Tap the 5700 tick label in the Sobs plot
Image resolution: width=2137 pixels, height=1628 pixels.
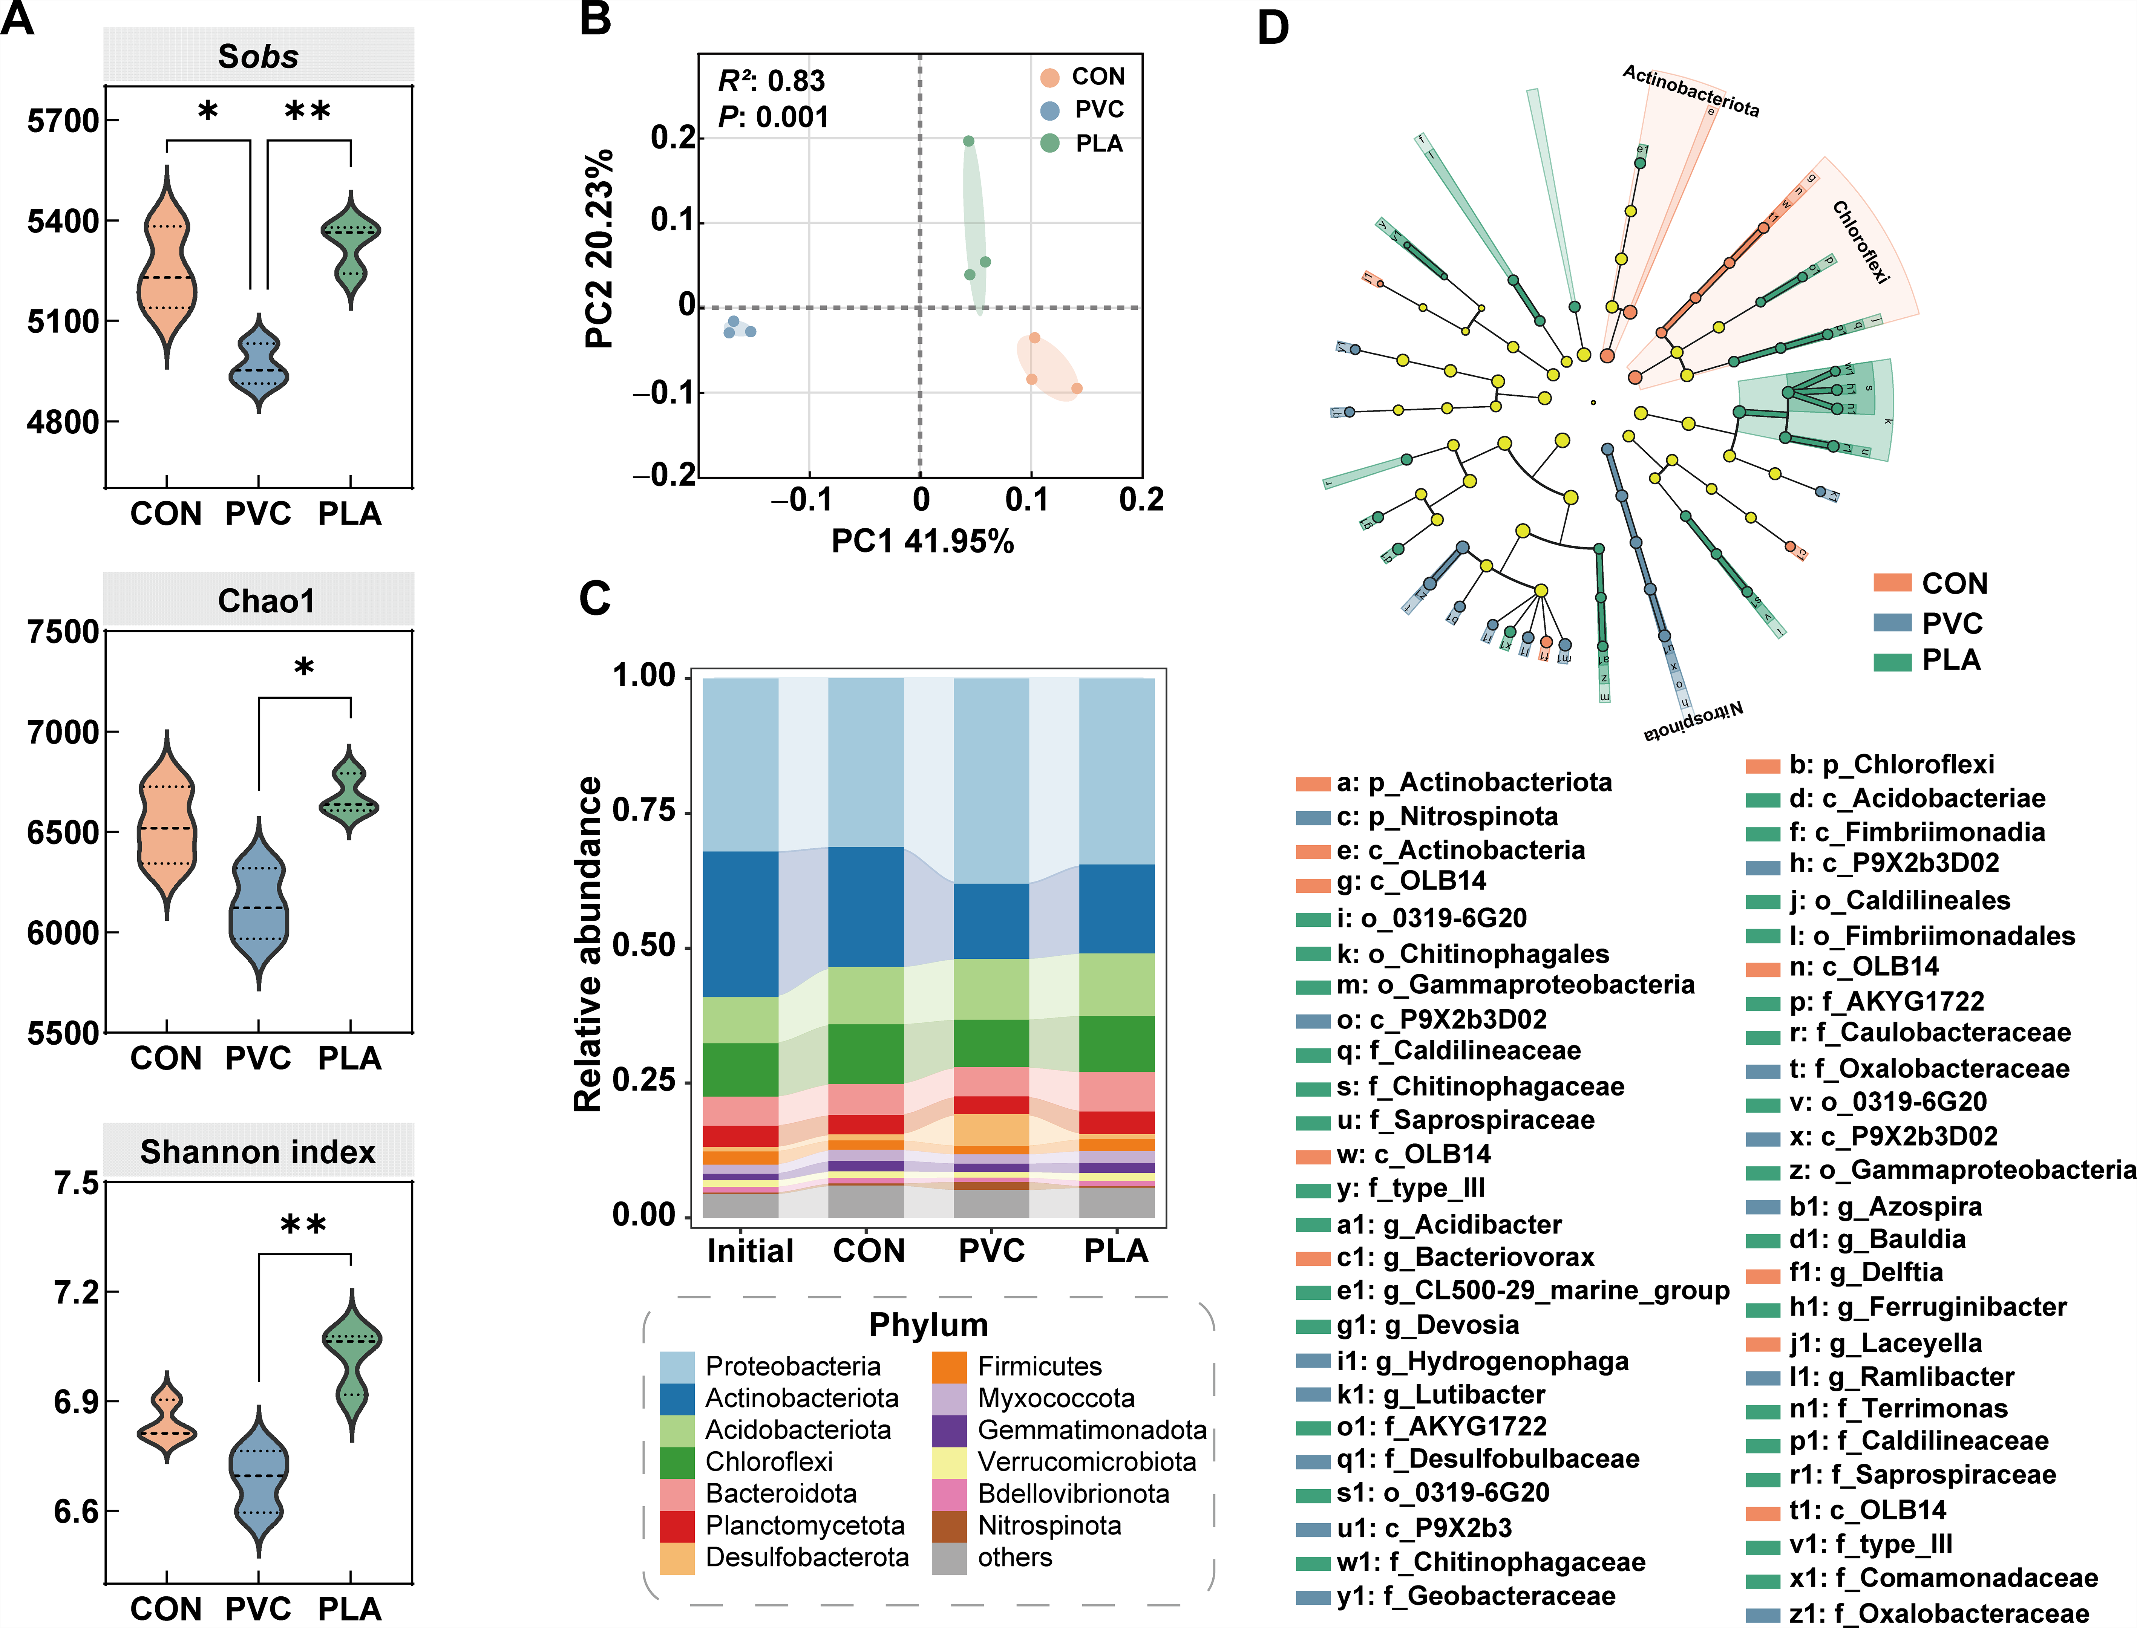[63, 121]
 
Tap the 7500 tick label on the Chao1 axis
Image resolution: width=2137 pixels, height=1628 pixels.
[63, 632]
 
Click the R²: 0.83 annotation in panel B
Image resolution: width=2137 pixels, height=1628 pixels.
[771, 80]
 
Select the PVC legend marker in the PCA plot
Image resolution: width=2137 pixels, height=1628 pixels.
[1049, 110]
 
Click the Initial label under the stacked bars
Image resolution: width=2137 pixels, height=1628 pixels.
[750, 1251]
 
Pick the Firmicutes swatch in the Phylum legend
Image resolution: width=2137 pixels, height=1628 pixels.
[949, 1366]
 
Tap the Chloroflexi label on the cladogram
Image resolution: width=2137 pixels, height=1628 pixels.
[1861, 242]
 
